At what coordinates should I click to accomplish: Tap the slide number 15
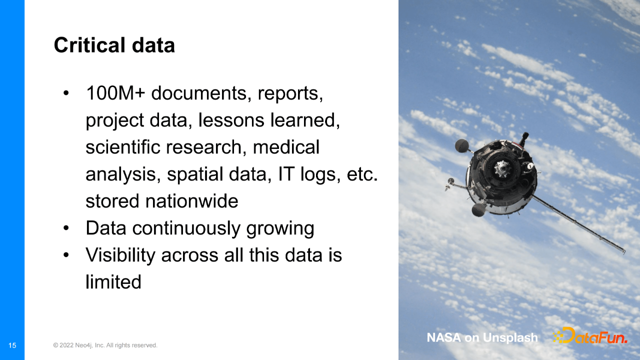(12, 345)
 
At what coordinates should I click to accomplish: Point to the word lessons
(231, 120)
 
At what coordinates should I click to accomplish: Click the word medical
(286, 147)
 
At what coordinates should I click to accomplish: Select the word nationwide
(191, 201)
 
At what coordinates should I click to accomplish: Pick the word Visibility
(120, 255)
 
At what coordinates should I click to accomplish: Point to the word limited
(113, 282)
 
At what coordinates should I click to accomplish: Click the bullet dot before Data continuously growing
(66, 228)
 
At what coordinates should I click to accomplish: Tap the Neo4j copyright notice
(105, 345)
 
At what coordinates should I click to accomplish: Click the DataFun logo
(589, 336)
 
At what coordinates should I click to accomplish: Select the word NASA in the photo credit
(443, 337)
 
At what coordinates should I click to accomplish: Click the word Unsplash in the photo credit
(510, 338)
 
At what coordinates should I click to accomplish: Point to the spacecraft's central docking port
(502, 168)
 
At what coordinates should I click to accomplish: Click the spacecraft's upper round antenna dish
(461, 145)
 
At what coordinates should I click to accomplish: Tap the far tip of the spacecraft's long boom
(624, 252)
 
